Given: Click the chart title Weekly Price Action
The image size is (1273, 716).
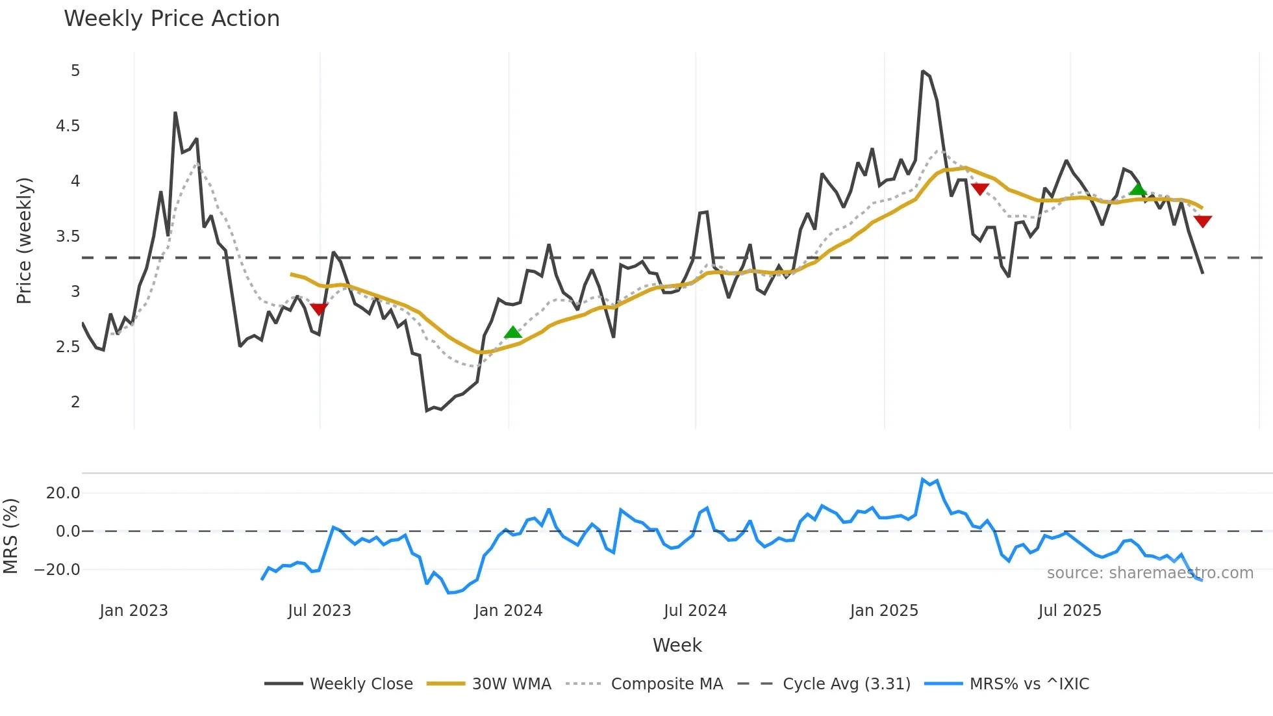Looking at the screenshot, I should coord(171,19).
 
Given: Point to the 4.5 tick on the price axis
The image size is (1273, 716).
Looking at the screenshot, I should coord(68,126).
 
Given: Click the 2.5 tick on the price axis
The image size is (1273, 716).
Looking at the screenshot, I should coord(68,347).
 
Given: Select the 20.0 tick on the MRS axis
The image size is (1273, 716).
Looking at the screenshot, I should coord(63,493).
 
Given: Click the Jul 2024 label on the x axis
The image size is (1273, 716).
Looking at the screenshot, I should coord(695,611).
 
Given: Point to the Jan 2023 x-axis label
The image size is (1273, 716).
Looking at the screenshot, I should coord(134,611).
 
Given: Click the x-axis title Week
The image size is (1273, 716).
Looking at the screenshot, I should coord(677,645).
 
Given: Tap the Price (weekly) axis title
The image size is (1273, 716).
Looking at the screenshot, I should coord(24,240).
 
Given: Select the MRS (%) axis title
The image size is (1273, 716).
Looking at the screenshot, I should coord(10,536).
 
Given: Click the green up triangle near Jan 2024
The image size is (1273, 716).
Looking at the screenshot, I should coord(512,333).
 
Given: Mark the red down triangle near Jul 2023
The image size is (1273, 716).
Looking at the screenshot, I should coord(319,309).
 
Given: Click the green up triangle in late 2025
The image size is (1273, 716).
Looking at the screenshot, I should coord(1137,189).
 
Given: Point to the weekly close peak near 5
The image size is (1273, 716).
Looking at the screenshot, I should coord(923,71).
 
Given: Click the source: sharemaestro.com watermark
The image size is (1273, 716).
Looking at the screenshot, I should coord(1150,573).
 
